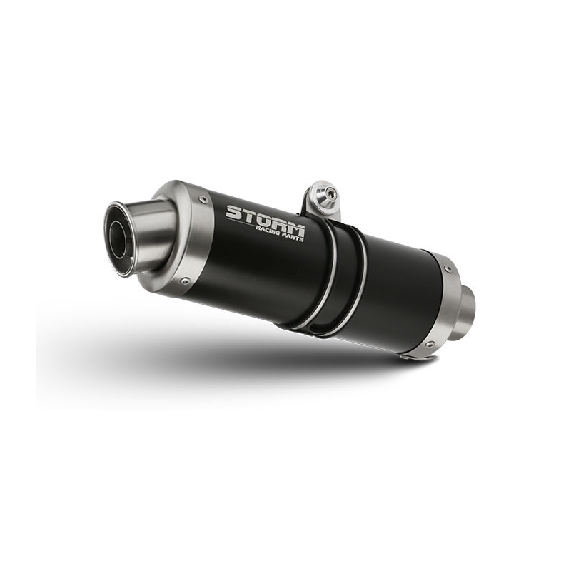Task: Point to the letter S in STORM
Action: [x=233, y=212]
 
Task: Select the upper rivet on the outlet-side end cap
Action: [x=203, y=198]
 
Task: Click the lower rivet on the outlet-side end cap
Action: [x=186, y=281]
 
